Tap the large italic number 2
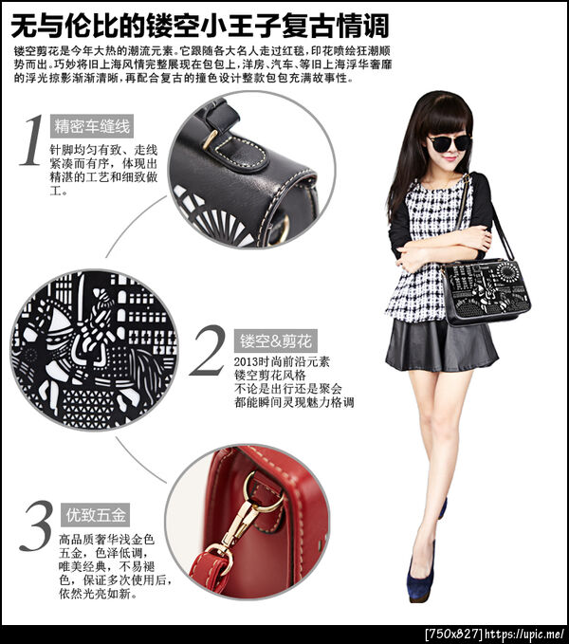tap(208, 350)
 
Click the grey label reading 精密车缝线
tap(92, 126)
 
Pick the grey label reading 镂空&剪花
tap(276, 340)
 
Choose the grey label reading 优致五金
tap(95, 515)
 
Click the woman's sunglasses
tap(450, 143)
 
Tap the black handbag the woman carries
tap(486, 291)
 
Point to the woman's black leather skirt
tap(440, 345)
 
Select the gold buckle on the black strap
tap(211, 138)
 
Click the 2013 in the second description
tap(247, 362)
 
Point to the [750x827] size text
tap(454, 635)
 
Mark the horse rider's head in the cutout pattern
tap(103, 298)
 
